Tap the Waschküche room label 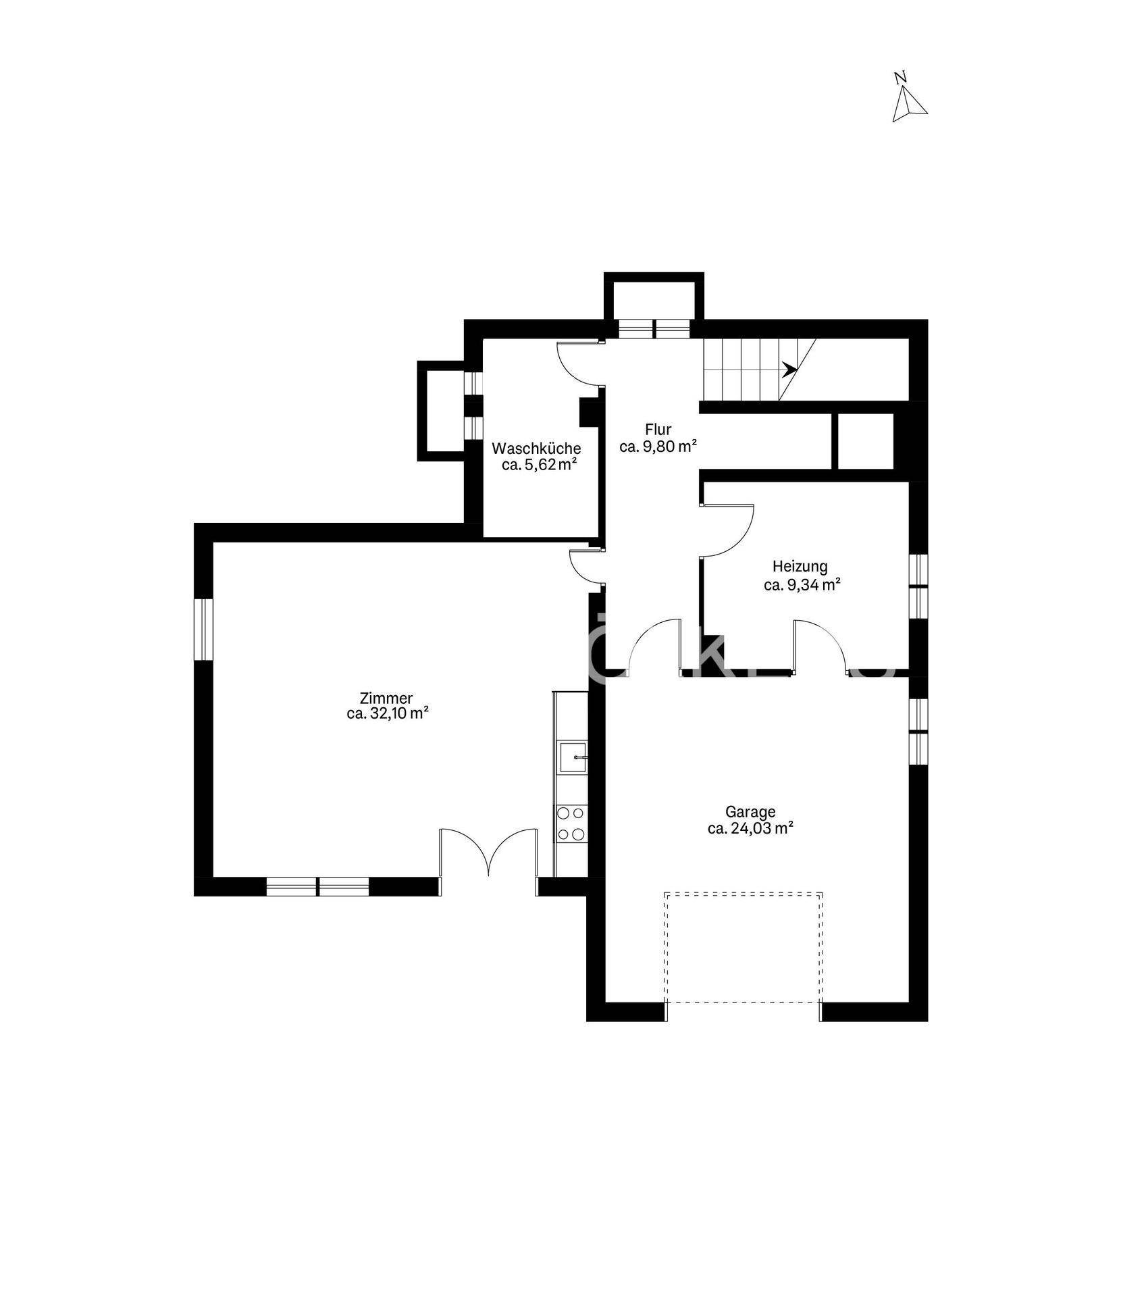pyautogui.click(x=536, y=448)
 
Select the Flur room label pyautogui.click(x=658, y=430)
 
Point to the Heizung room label pyautogui.click(x=800, y=567)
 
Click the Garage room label pyautogui.click(x=750, y=811)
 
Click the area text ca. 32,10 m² pyautogui.click(x=388, y=713)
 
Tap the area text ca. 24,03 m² pyautogui.click(x=750, y=828)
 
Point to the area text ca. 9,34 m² pyautogui.click(x=802, y=584)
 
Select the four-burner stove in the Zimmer pyautogui.click(x=571, y=824)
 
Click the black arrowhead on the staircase pyautogui.click(x=789, y=369)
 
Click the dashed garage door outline pyautogui.click(x=743, y=955)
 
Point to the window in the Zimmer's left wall pyautogui.click(x=203, y=628)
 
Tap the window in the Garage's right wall pyautogui.click(x=918, y=731)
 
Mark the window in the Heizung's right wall pyautogui.click(x=918, y=586)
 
